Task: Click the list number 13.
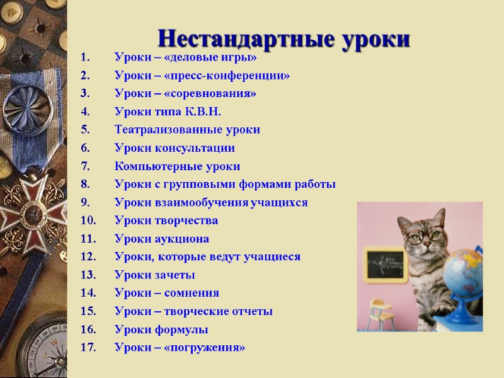pyautogui.click(x=88, y=275)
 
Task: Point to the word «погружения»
pyautogui.click(x=205, y=348)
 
